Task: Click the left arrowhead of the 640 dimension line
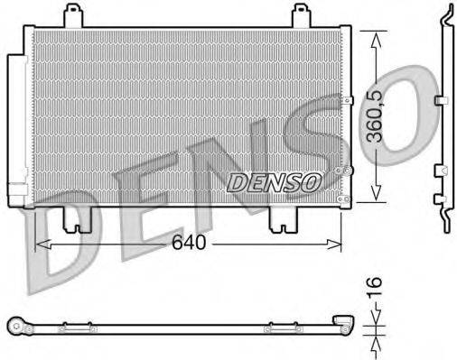39,244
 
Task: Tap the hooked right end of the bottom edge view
343,320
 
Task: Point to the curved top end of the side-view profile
445,14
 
